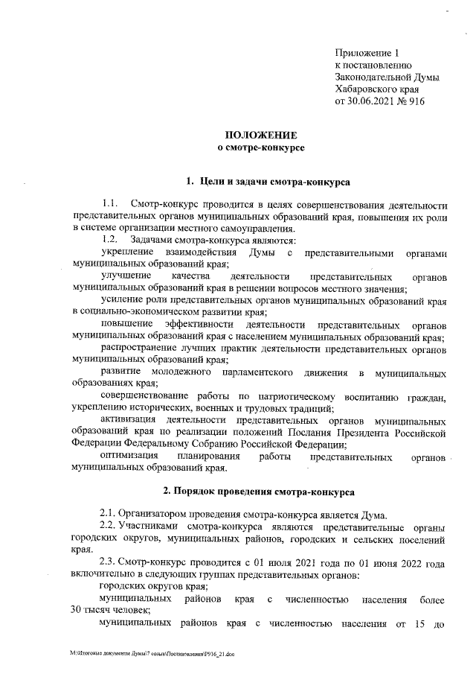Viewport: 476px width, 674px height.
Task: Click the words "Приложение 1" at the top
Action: click(x=367, y=53)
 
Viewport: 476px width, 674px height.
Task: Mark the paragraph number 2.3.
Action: click(x=108, y=563)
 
